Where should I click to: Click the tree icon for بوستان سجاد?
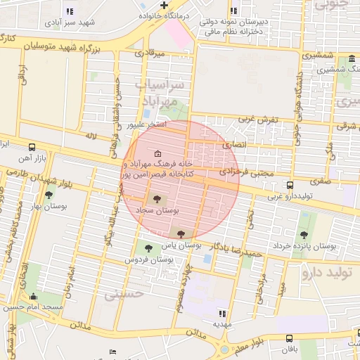(156, 199)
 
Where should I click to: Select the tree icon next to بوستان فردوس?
(148, 247)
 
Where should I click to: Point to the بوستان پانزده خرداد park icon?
(304, 235)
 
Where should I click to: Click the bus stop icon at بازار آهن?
(32, 147)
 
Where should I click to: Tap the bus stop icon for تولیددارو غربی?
(290, 186)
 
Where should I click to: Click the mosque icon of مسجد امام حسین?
(32, 297)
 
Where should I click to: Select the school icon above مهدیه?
(223, 314)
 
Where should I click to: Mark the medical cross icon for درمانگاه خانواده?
(164, 5)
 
